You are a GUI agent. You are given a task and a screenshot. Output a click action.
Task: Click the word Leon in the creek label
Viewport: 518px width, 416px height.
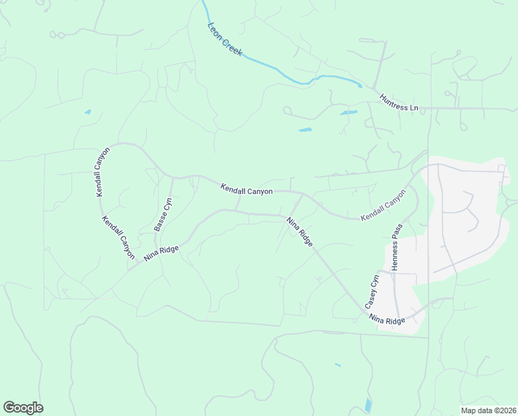pyautogui.click(x=214, y=32)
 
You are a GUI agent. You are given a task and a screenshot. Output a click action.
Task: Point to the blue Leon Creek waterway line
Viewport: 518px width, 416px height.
pyautogui.click(x=277, y=72)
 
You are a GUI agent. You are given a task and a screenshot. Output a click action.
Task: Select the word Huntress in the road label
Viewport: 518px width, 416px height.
pyautogui.click(x=394, y=102)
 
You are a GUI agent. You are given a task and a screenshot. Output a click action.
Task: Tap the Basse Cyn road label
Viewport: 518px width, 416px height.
pyautogui.click(x=163, y=214)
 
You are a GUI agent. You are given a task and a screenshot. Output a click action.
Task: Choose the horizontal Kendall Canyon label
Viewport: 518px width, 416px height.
pyautogui.click(x=247, y=189)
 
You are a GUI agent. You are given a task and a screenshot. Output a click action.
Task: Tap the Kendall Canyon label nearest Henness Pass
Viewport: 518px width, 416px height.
pyautogui.click(x=382, y=206)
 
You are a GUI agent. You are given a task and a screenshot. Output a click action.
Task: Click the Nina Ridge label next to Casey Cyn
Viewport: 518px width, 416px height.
pyautogui.click(x=386, y=320)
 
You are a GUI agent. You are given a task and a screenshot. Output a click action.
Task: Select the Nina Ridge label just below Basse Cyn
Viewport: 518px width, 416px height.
pyautogui.click(x=161, y=252)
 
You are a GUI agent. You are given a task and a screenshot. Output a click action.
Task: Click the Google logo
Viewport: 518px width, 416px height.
pyautogui.click(x=23, y=408)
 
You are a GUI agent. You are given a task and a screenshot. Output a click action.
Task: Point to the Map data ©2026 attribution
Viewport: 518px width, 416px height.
pyautogui.click(x=489, y=409)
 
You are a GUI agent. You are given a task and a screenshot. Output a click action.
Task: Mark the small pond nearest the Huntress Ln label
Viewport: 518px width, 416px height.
pyautogui.click(x=348, y=112)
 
